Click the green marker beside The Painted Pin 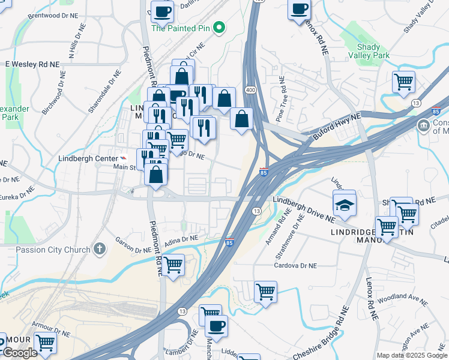pos(220,28)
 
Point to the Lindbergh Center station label pos(86,159)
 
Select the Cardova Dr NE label pos(295,265)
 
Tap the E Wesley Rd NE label pos(32,64)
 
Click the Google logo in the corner pos(20,353)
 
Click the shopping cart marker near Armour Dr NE pos(45,343)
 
